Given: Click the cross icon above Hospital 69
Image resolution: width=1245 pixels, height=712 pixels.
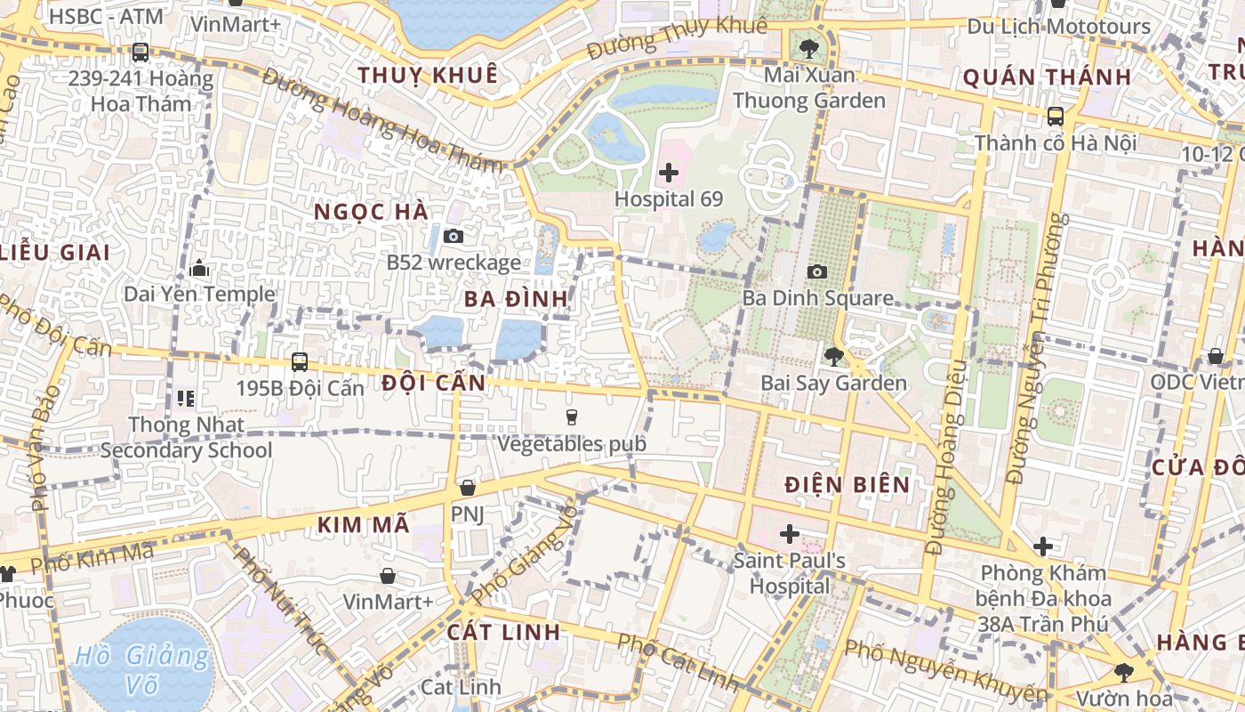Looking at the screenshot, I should coord(669,173).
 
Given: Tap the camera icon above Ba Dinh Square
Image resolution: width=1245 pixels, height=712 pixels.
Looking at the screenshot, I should coord(816,271).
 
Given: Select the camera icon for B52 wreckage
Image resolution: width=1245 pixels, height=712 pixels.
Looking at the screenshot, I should coord(454,236).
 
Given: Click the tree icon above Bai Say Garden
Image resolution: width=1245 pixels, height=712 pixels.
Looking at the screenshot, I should coord(833,357).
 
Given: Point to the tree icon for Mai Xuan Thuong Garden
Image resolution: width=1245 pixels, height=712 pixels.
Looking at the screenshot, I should coord(808,48).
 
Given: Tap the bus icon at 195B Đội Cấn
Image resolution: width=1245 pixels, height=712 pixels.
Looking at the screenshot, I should coord(300,362).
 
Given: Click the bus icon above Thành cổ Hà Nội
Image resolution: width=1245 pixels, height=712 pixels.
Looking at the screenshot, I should coord(1055,117).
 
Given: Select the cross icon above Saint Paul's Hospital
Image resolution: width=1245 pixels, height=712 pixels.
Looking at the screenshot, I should coord(789,534).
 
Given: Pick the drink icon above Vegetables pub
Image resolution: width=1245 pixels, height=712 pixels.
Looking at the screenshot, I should coord(571,417).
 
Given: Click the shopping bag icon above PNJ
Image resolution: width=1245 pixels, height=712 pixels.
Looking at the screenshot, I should coord(467,488).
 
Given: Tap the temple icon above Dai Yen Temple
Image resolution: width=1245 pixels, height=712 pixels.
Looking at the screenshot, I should coord(198,268).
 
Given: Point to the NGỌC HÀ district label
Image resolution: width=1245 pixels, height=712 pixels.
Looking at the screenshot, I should coord(372,212).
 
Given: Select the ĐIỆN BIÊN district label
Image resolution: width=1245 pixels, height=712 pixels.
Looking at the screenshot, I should coord(847,485).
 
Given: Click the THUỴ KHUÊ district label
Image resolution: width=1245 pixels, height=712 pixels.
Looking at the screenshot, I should coord(428,76).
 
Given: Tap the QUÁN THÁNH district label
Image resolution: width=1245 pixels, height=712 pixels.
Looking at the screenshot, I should coord(1047,77).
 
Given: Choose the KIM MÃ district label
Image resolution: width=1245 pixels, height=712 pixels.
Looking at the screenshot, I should coord(364,525).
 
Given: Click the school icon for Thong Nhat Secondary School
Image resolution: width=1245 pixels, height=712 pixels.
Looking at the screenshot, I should coord(186,398).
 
